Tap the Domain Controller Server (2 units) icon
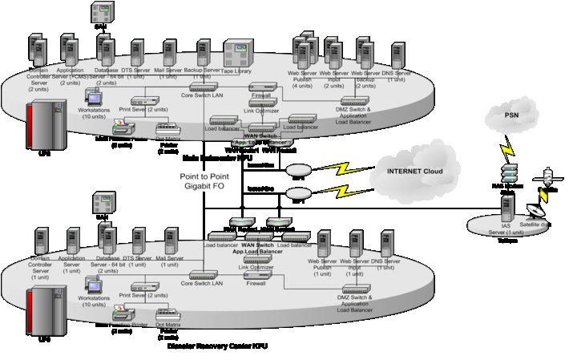(x=36, y=51)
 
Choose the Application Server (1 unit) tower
(x=73, y=241)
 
